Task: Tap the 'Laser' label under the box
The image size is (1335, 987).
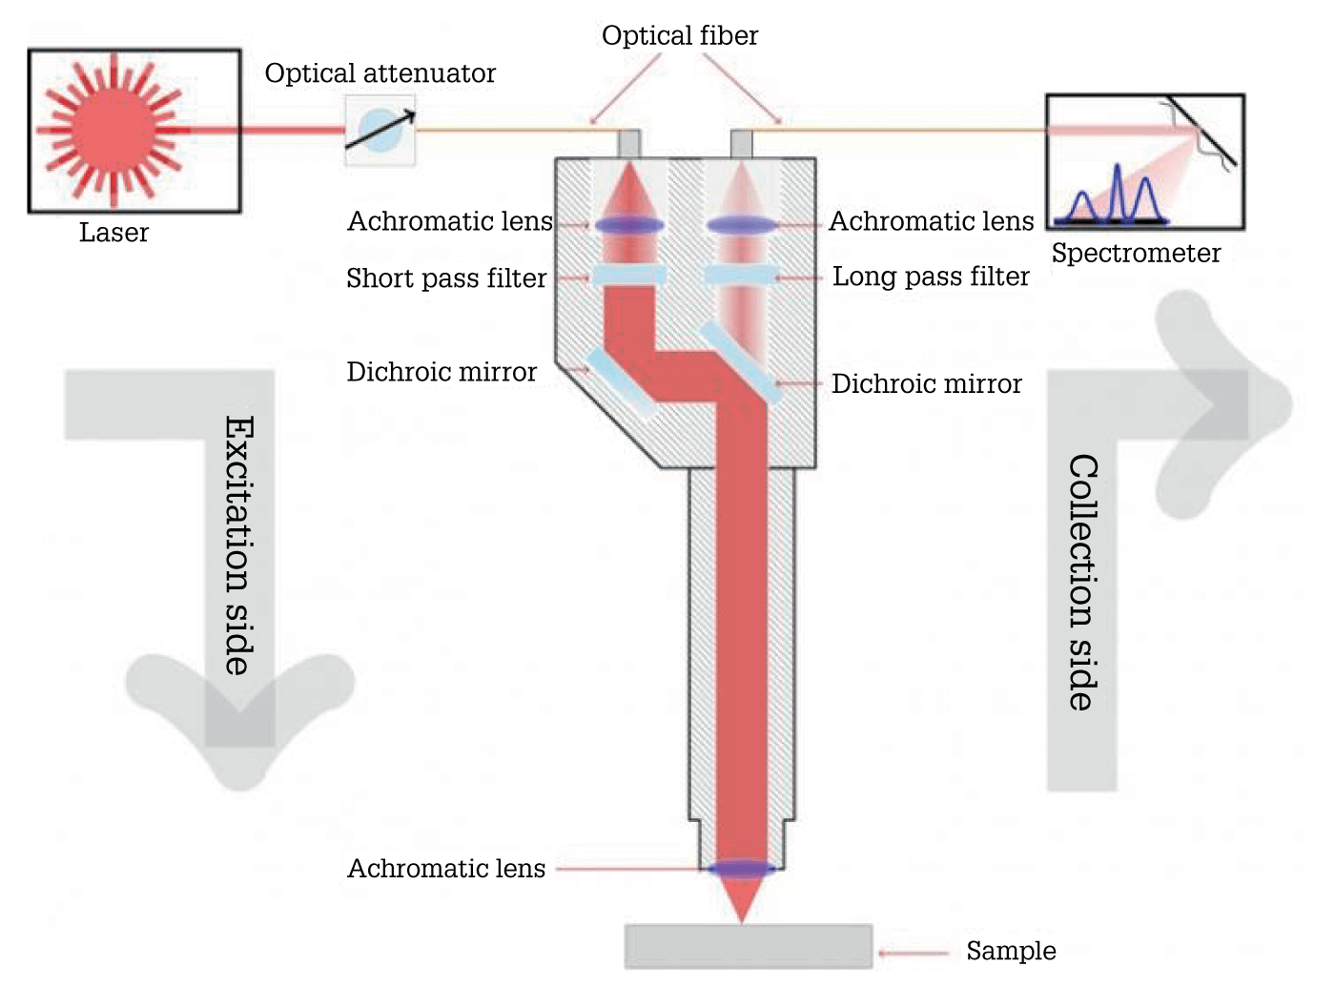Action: (113, 233)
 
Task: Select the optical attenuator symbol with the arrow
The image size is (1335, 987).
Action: (380, 130)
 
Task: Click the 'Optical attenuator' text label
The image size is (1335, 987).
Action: (380, 73)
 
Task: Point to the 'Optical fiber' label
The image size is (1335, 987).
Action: (680, 35)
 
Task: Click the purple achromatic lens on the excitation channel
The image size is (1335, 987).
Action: (629, 226)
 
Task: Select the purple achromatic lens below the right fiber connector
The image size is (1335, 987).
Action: (742, 226)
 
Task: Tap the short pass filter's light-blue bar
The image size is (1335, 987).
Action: (629, 276)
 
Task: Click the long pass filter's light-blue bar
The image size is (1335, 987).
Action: (742, 276)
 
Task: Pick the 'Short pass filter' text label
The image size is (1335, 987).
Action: (446, 278)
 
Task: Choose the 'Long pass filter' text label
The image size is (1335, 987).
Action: (931, 277)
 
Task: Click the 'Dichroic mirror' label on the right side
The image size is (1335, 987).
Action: (926, 383)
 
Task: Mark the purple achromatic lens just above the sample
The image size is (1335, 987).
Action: (742, 869)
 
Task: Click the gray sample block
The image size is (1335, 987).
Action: (749, 946)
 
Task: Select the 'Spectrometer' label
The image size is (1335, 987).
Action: (1136, 253)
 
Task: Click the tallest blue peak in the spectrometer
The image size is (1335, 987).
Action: (1118, 192)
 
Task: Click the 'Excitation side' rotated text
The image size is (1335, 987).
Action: (239, 545)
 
